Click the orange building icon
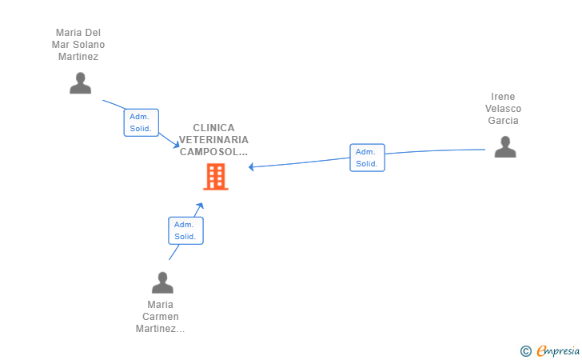[216, 177]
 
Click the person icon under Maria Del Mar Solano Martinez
[80, 83]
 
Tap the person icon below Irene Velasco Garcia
[505, 146]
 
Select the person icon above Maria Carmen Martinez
[162, 282]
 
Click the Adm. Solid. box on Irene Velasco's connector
[367, 158]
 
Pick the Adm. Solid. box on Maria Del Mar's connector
[141, 122]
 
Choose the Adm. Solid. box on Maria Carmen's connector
[185, 230]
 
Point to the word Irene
[503, 97]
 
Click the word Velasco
[503, 109]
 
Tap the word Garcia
[503, 120]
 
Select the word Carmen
[161, 317]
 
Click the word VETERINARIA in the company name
[213, 140]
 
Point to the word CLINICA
[213, 128]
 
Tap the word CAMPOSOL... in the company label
[213, 151]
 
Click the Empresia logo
[558, 351]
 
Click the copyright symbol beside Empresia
[526, 351]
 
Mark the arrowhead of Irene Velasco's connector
[251, 167]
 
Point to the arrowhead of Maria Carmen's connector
[200, 206]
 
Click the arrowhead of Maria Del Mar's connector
[177, 145]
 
